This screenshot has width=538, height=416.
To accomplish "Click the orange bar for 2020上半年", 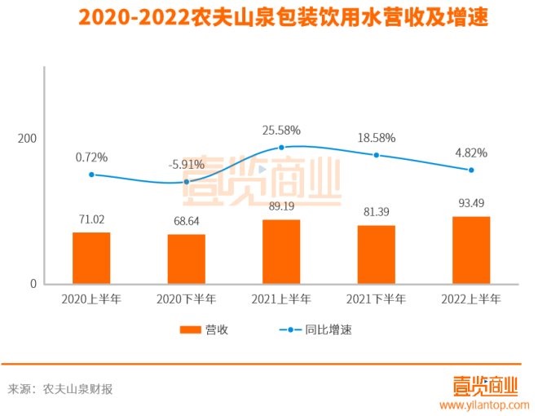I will coord(91,258).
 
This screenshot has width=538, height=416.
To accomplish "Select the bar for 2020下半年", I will coord(186,259).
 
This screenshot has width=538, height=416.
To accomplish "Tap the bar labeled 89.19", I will coord(281,251).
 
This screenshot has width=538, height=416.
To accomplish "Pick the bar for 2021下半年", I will coord(376,254).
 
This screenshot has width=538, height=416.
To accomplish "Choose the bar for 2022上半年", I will coord(471,250).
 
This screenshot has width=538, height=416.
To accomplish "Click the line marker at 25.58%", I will coord(281,147).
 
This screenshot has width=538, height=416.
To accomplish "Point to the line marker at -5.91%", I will coord(186,182).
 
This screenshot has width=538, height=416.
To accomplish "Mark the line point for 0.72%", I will coord(91,174).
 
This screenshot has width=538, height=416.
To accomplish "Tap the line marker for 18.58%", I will coord(376,155).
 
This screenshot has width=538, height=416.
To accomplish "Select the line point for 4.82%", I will coord(471,170).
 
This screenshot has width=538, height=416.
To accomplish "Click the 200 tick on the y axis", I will coord(28,139).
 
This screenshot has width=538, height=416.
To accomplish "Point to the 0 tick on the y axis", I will coord(33,284).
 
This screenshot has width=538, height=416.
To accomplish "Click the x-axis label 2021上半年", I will coord(281,299).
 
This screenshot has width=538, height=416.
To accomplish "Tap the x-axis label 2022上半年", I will coord(471,299).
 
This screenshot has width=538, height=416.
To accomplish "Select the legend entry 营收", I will coord(205,330).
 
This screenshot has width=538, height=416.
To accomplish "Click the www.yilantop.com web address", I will coord(485,405).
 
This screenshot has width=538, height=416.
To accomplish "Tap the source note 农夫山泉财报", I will coord(77,389).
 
